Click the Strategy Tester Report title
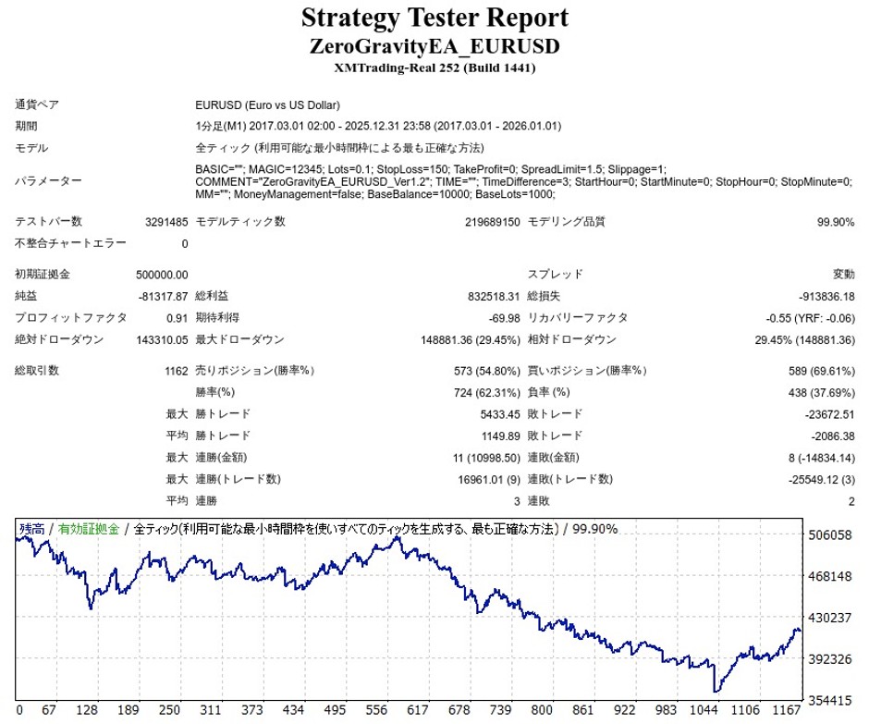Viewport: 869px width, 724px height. click(x=434, y=18)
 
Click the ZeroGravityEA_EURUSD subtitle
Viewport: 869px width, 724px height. click(x=434, y=46)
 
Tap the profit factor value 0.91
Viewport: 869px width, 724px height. click(x=177, y=317)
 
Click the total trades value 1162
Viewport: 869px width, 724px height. click(x=176, y=371)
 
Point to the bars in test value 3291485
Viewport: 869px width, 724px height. click(x=166, y=222)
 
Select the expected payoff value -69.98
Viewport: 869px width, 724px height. click(x=503, y=317)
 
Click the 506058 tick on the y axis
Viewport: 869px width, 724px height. click(x=829, y=535)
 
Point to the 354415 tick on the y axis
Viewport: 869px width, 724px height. click(x=829, y=700)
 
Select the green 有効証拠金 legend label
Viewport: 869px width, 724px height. click(x=89, y=530)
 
